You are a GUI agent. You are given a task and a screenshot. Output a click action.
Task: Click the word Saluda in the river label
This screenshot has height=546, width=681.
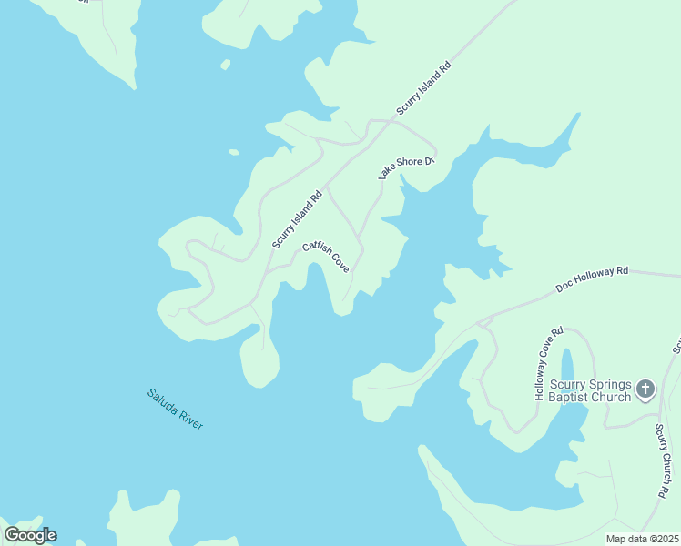point(163,401)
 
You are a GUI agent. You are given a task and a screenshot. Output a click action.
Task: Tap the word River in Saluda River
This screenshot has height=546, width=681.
point(190,420)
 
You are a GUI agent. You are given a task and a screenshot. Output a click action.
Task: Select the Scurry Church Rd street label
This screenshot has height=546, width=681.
point(661,460)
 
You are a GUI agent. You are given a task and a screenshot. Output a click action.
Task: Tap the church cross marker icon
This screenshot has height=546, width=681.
point(645,389)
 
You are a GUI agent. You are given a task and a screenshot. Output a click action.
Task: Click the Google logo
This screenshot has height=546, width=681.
point(30,535)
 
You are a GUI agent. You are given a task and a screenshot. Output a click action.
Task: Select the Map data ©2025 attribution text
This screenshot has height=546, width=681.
point(641,539)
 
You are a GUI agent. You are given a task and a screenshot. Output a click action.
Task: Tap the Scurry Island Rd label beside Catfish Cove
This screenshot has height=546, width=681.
point(298,219)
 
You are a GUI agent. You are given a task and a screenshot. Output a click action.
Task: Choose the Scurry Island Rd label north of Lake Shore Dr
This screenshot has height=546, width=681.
point(423,89)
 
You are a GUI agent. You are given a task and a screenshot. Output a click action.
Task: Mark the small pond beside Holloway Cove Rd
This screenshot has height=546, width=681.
point(567,367)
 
